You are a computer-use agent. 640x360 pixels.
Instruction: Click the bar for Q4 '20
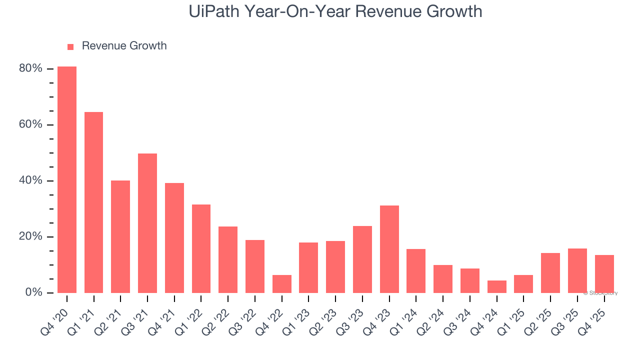pyautogui.click(x=67, y=180)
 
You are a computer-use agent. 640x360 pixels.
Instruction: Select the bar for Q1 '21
pyautogui.click(x=93, y=202)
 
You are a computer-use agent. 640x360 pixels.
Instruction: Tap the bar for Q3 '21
pyautogui.click(x=147, y=223)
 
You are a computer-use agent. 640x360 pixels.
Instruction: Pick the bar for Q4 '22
pyautogui.click(x=282, y=284)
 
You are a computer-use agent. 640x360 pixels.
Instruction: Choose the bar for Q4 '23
pyautogui.click(x=389, y=249)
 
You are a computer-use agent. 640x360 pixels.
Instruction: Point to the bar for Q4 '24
pyautogui.click(x=497, y=286)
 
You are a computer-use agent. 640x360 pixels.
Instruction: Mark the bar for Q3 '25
pyautogui.click(x=577, y=270)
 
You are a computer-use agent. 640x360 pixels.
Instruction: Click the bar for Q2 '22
pyautogui.click(x=228, y=259)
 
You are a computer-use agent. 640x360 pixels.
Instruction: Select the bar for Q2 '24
pyautogui.click(x=443, y=279)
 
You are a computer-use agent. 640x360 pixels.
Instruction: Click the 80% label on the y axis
pyautogui.click(x=30, y=68)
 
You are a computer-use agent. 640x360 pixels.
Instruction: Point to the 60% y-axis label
pyautogui.click(x=30, y=124)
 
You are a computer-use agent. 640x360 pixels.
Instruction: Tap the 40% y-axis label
pyautogui.click(x=30, y=180)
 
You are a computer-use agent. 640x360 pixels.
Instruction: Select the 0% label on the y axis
pyautogui.click(x=33, y=292)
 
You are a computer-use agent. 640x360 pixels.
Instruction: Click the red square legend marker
pyautogui.click(x=70, y=46)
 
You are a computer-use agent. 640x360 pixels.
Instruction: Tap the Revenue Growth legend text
pyautogui.click(x=124, y=46)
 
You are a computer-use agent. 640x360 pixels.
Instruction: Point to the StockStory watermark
pyautogui.click(x=600, y=293)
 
